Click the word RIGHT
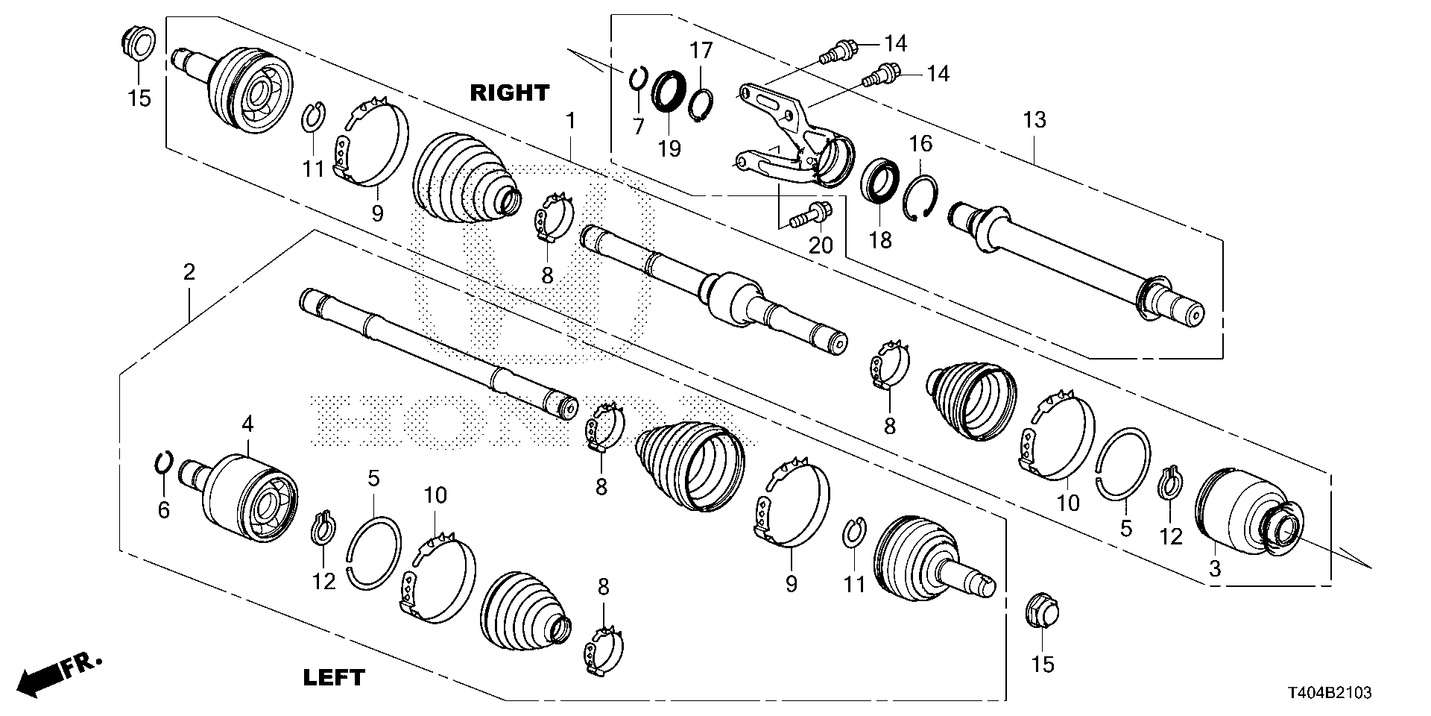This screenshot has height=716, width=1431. click(509, 93)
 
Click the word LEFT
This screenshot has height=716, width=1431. click(335, 677)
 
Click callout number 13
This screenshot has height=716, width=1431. click(1034, 119)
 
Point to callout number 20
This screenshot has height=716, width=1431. click(821, 245)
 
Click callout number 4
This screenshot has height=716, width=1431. click(247, 425)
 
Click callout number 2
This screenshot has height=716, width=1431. click(189, 272)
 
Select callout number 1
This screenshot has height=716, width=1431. click(570, 120)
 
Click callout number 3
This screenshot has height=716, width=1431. click(1215, 569)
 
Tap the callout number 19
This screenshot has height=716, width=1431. click(669, 149)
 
